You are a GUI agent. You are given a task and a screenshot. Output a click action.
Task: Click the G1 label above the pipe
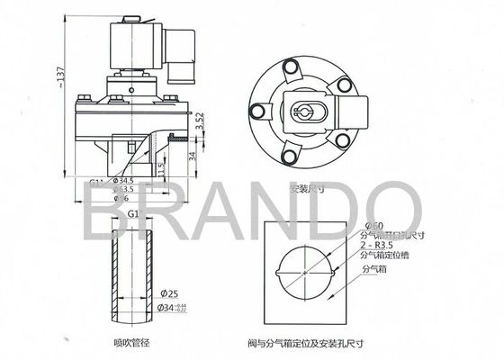132,214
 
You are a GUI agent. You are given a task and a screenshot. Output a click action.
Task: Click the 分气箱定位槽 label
382,256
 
